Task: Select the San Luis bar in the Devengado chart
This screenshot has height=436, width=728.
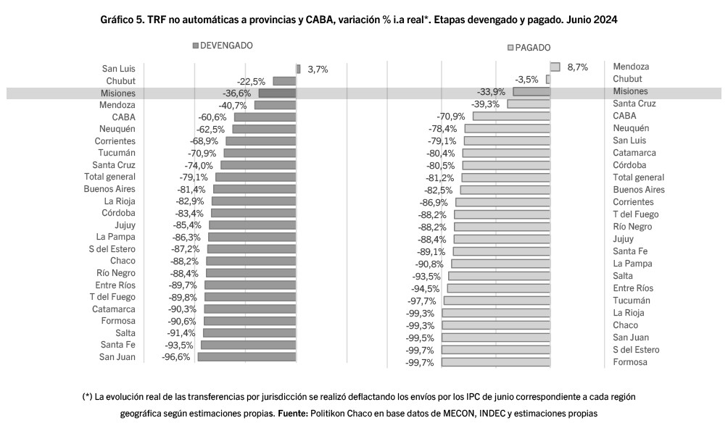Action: [x=298, y=69]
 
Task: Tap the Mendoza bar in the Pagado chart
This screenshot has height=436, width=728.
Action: [x=555, y=67]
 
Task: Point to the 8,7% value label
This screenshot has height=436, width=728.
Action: [x=577, y=67]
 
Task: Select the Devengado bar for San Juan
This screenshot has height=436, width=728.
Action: [x=247, y=357]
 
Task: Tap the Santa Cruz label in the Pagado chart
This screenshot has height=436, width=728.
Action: [x=634, y=104]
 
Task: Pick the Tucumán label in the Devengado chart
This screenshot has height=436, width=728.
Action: [x=117, y=153]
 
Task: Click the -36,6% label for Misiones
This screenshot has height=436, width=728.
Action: [x=237, y=93]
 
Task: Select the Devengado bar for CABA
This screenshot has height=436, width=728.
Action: [x=265, y=117]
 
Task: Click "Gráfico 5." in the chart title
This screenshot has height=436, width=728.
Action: [x=123, y=20]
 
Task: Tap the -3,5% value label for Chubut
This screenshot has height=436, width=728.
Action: [x=526, y=79]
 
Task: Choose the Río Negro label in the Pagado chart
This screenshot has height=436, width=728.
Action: [x=632, y=227]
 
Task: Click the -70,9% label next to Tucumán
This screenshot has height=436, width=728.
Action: [x=203, y=153]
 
